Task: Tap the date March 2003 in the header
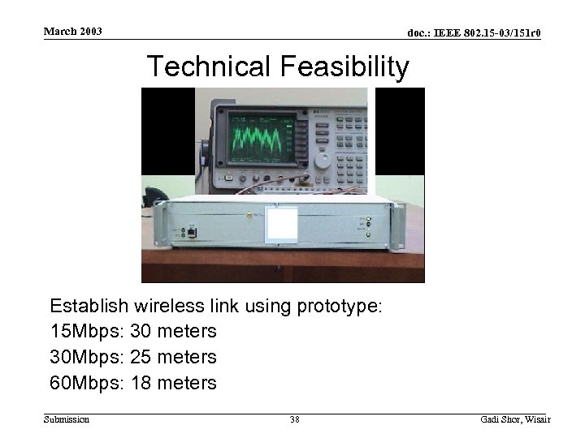pos(73,32)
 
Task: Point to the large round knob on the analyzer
pos(323,159)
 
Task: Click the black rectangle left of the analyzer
pos(168,131)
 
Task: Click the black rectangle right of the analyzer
pos(400,131)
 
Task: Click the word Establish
pos(90,306)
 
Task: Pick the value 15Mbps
pos(81,332)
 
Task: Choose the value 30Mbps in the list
pos(81,357)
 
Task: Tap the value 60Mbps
pos(81,383)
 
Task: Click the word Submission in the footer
pos(66,419)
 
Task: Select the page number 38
pos(295,419)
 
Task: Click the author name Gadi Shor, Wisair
pos(515,419)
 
